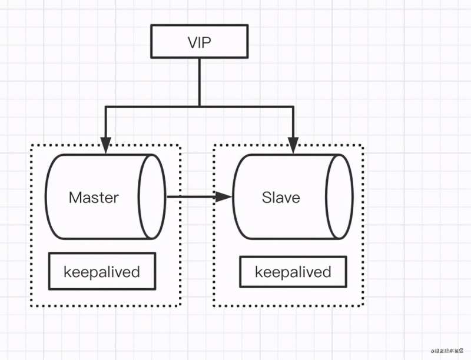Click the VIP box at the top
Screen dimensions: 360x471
tap(199, 41)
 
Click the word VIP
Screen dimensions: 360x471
tap(199, 42)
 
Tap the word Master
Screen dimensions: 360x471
tap(94, 197)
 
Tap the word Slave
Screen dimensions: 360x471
tap(281, 197)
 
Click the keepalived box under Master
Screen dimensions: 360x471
tap(102, 271)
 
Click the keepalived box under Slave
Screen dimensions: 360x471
tap(293, 272)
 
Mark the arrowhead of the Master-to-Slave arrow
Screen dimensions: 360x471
tap(224, 196)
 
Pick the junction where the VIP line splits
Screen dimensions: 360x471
tap(200, 106)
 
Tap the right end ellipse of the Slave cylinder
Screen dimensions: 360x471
tap(340, 196)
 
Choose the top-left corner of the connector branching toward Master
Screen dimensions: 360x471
tap(105, 106)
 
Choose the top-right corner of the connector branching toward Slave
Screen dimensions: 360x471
tap(293, 106)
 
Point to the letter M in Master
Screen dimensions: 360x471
tap(75, 197)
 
